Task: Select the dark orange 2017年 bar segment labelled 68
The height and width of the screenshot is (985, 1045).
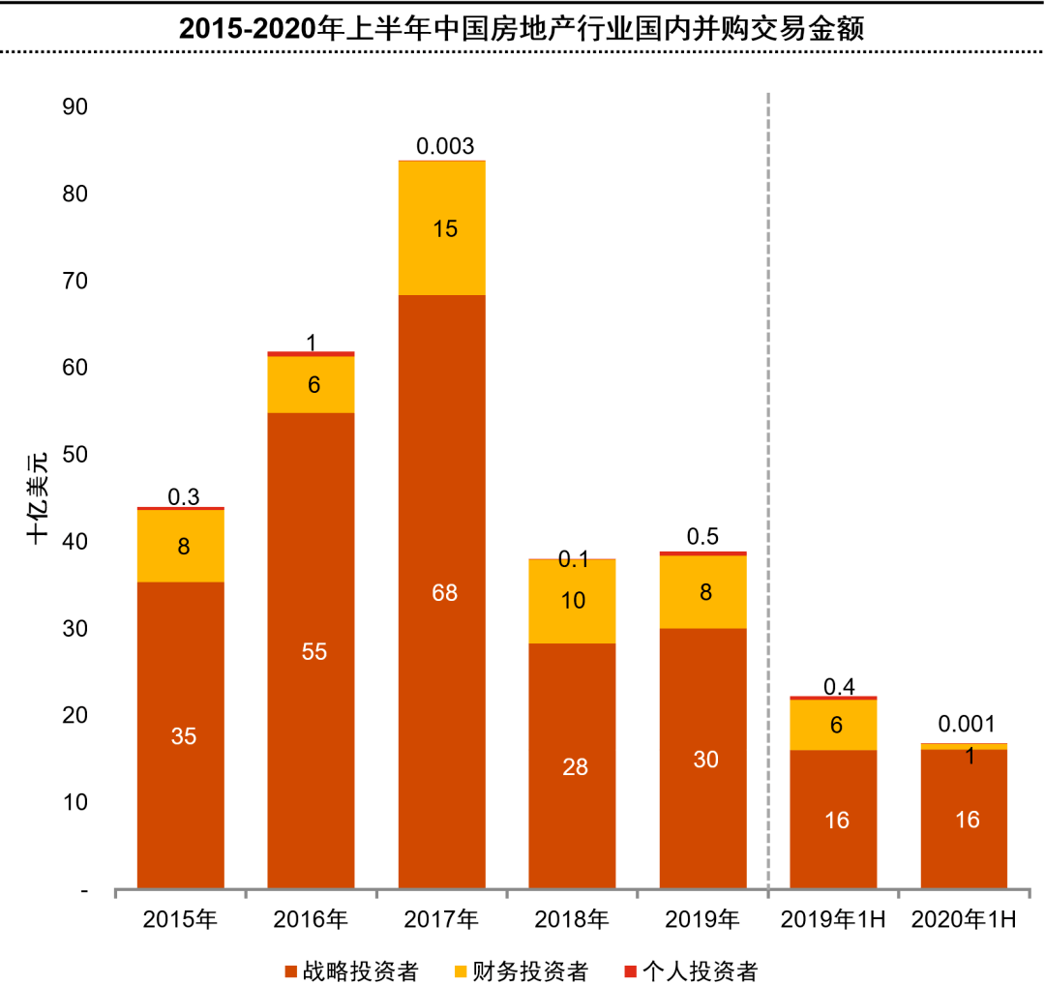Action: pyautogui.click(x=442, y=592)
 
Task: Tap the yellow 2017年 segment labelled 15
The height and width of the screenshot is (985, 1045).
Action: pyautogui.click(x=442, y=228)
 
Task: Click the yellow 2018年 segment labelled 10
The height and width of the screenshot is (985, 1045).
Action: pyautogui.click(x=573, y=601)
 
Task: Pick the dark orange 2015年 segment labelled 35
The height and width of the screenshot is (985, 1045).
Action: pyautogui.click(x=181, y=735)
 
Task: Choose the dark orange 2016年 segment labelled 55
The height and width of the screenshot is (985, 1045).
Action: pyautogui.click(x=312, y=651)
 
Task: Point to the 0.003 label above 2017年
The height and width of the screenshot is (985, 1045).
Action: pyautogui.click(x=445, y=146)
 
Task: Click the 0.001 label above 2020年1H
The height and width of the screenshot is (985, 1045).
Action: pyautogui.click(x=965, y=725)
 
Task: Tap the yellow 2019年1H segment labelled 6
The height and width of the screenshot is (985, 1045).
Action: pyautogui.click(x=834, y=724)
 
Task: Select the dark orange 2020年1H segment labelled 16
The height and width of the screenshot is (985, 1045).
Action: pyautogui.click(x=965, y=820)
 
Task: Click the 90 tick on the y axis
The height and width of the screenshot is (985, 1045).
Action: pyautogui.click(x=75, y=106)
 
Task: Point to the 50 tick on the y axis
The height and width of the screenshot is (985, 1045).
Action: pyautogui.click(x=75, y=455)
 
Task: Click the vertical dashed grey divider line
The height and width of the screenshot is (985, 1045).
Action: pyautogui.click(x=768, y=484)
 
